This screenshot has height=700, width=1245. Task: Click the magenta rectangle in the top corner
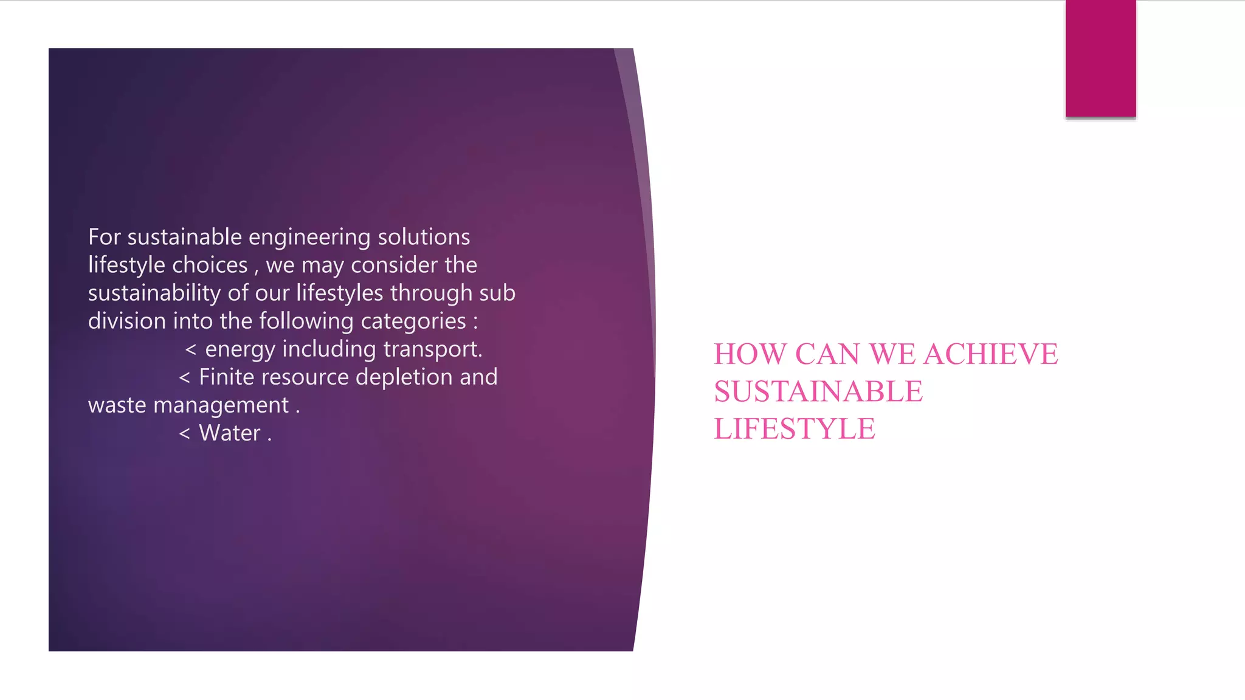coord(1100,58)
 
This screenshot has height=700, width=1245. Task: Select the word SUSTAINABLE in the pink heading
coord(818,392)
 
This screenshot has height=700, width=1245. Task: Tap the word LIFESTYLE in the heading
coord(795,429)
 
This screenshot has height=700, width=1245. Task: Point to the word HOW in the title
coord(750,354)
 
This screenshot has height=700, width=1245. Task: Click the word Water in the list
coord(229,433)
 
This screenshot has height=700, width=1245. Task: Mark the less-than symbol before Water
coord(185,434)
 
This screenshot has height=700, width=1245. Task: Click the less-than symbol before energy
coord(191,350)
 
